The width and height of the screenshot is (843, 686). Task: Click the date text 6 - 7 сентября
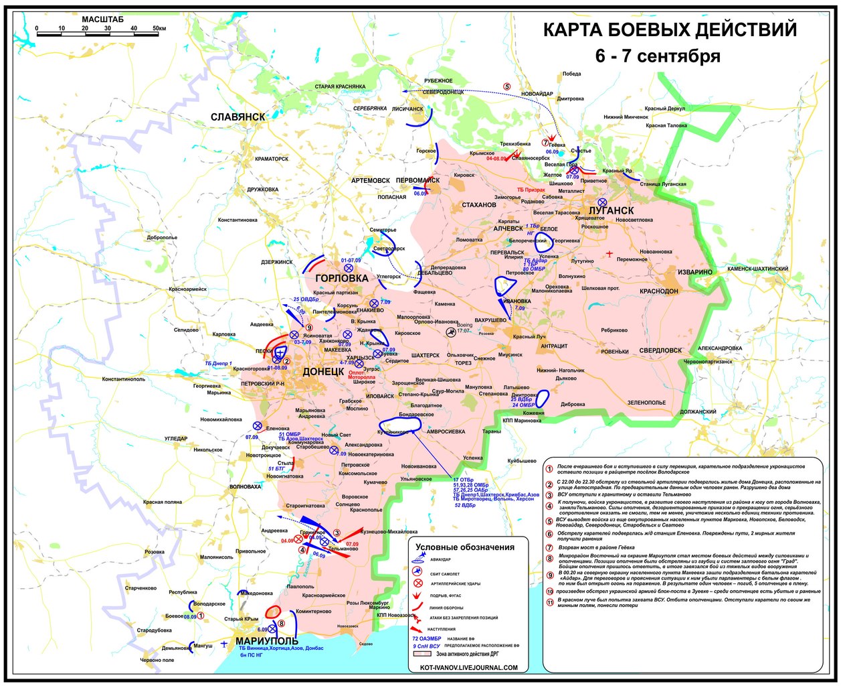658,56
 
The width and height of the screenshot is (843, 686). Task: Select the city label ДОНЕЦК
324,370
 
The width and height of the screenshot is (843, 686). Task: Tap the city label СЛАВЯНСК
238,117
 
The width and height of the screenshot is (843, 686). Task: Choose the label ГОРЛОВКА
341,278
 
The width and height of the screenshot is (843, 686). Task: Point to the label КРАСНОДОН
658,291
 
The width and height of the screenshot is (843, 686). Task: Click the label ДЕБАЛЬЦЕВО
439,273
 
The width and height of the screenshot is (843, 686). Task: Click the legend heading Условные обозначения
465,547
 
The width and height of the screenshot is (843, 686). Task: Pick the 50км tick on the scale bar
159,29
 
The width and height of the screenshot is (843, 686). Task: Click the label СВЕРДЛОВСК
660,350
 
